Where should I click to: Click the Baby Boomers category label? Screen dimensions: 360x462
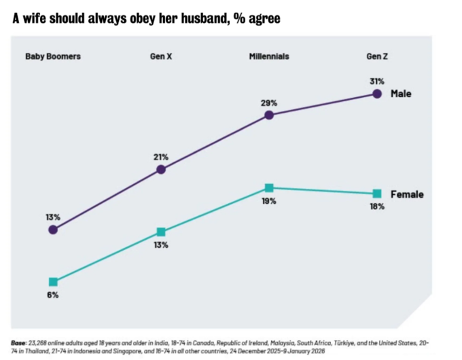53,56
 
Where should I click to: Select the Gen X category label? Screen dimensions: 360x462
161,56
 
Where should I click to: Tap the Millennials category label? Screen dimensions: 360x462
269,56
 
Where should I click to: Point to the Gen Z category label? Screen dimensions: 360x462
378,56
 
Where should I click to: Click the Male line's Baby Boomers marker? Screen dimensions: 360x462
53,230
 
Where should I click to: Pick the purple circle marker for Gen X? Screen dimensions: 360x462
161,170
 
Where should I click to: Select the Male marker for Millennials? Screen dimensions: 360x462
269,115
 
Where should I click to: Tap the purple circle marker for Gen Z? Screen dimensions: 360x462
378,94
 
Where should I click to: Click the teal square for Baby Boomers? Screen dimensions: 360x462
53,282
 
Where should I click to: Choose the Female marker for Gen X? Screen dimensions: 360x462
161,232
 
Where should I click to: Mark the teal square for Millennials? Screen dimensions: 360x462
269,187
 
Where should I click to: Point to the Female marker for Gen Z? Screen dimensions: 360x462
378,194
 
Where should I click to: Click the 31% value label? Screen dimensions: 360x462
378,82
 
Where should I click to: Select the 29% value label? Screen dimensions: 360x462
269,103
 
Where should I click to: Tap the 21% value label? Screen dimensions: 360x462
161,158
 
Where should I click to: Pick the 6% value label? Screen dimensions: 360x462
53,295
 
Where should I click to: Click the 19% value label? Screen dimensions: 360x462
269,201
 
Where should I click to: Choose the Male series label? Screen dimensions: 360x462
402,94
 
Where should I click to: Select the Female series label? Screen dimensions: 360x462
407,194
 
